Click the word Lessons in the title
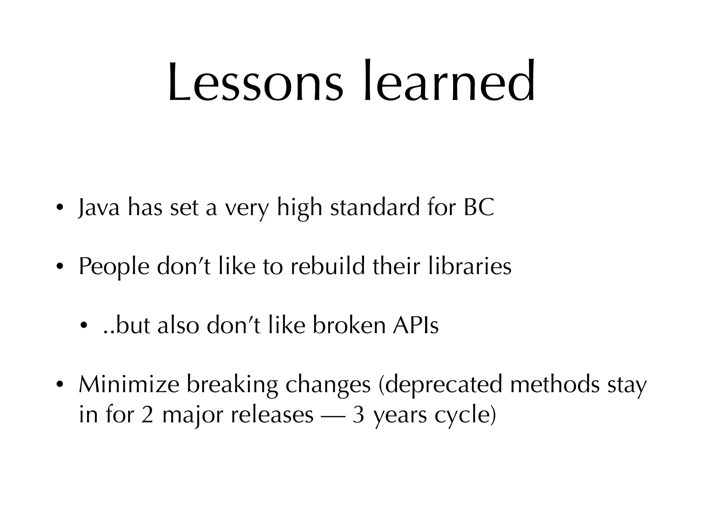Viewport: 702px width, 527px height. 255,82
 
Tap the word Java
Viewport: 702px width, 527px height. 99,208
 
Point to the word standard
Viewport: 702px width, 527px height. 375,208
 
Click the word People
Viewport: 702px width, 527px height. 114,267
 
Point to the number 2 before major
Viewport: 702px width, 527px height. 147,415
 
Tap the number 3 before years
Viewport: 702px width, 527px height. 358,415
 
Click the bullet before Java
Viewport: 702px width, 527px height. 59,208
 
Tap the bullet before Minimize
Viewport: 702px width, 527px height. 59,385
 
